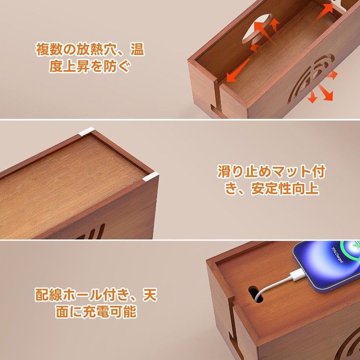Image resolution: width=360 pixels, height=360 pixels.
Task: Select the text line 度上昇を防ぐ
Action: tap(89, 66)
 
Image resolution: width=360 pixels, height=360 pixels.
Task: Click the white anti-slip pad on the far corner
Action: tap(86, 132)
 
